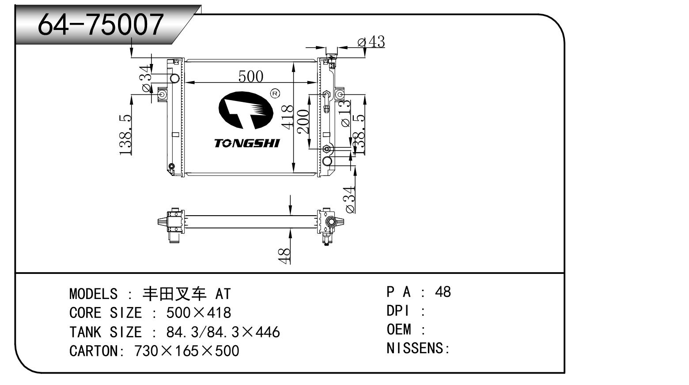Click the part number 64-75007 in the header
click(101, 24)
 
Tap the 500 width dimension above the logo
click(250, 76)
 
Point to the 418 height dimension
click(288, 116)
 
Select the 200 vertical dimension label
click(303, 122)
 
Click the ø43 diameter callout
click(371, 42)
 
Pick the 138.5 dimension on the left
click(126, 135)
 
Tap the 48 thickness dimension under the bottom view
click(285, 255)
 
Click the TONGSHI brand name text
click(247, 143)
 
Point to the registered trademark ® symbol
click(275, 93)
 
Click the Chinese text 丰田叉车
click(175, 294)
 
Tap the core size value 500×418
click(198, 313)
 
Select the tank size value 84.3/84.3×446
click(223, 332)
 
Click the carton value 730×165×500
click(186, 351)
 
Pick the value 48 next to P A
click(443, 292)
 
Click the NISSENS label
click(417, 348)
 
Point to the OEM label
click(399, 329)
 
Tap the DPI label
click(398, 311)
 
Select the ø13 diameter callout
click(345, 113)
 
